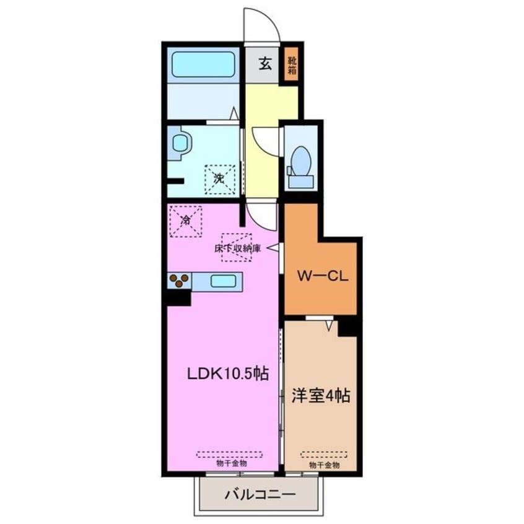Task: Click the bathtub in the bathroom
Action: click(x=203, y=64)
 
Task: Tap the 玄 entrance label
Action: click(x=264, y=63)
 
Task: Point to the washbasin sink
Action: click(x=180, y=144)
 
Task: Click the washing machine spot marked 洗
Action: click(x=219, y=179)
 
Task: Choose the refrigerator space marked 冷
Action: click(x=185, y=219)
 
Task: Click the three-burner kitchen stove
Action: click(x=179, y=281)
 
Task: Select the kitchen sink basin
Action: click(x=222, y=281)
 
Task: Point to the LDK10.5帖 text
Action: click(x=228, y=374)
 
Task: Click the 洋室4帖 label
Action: click(x=321, y=395)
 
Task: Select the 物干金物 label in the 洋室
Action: click(x=324, y=465)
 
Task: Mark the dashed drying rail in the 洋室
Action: click(x=324, y=454)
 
